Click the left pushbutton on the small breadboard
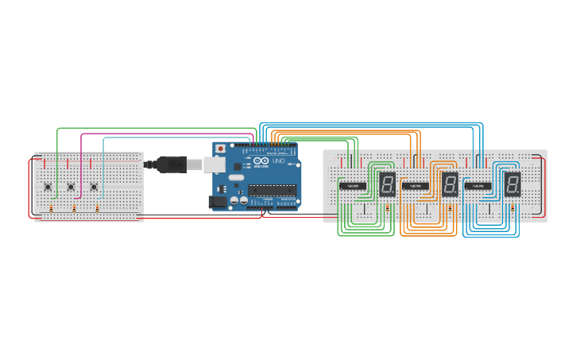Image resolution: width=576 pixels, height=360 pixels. tap(48, 188)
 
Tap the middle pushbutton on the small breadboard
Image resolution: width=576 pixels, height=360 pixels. tap(72, 188)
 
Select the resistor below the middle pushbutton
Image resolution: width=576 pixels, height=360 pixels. tap(75, 209)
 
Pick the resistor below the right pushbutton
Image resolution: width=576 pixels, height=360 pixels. tap(98, 209)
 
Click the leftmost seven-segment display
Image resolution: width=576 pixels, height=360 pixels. tap(387, 184)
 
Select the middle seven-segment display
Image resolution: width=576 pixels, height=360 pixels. tap(450, 184)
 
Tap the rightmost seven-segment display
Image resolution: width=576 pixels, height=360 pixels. tap(512, 184)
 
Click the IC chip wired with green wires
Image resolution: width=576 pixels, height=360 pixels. tap(353, 186)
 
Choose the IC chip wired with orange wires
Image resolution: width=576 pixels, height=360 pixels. tap(416, 186)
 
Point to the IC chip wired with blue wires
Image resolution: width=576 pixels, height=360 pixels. tap(478, 186)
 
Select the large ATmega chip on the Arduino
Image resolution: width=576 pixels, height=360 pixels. tap(273, 190)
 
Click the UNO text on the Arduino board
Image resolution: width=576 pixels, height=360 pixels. tap(278, 162)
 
